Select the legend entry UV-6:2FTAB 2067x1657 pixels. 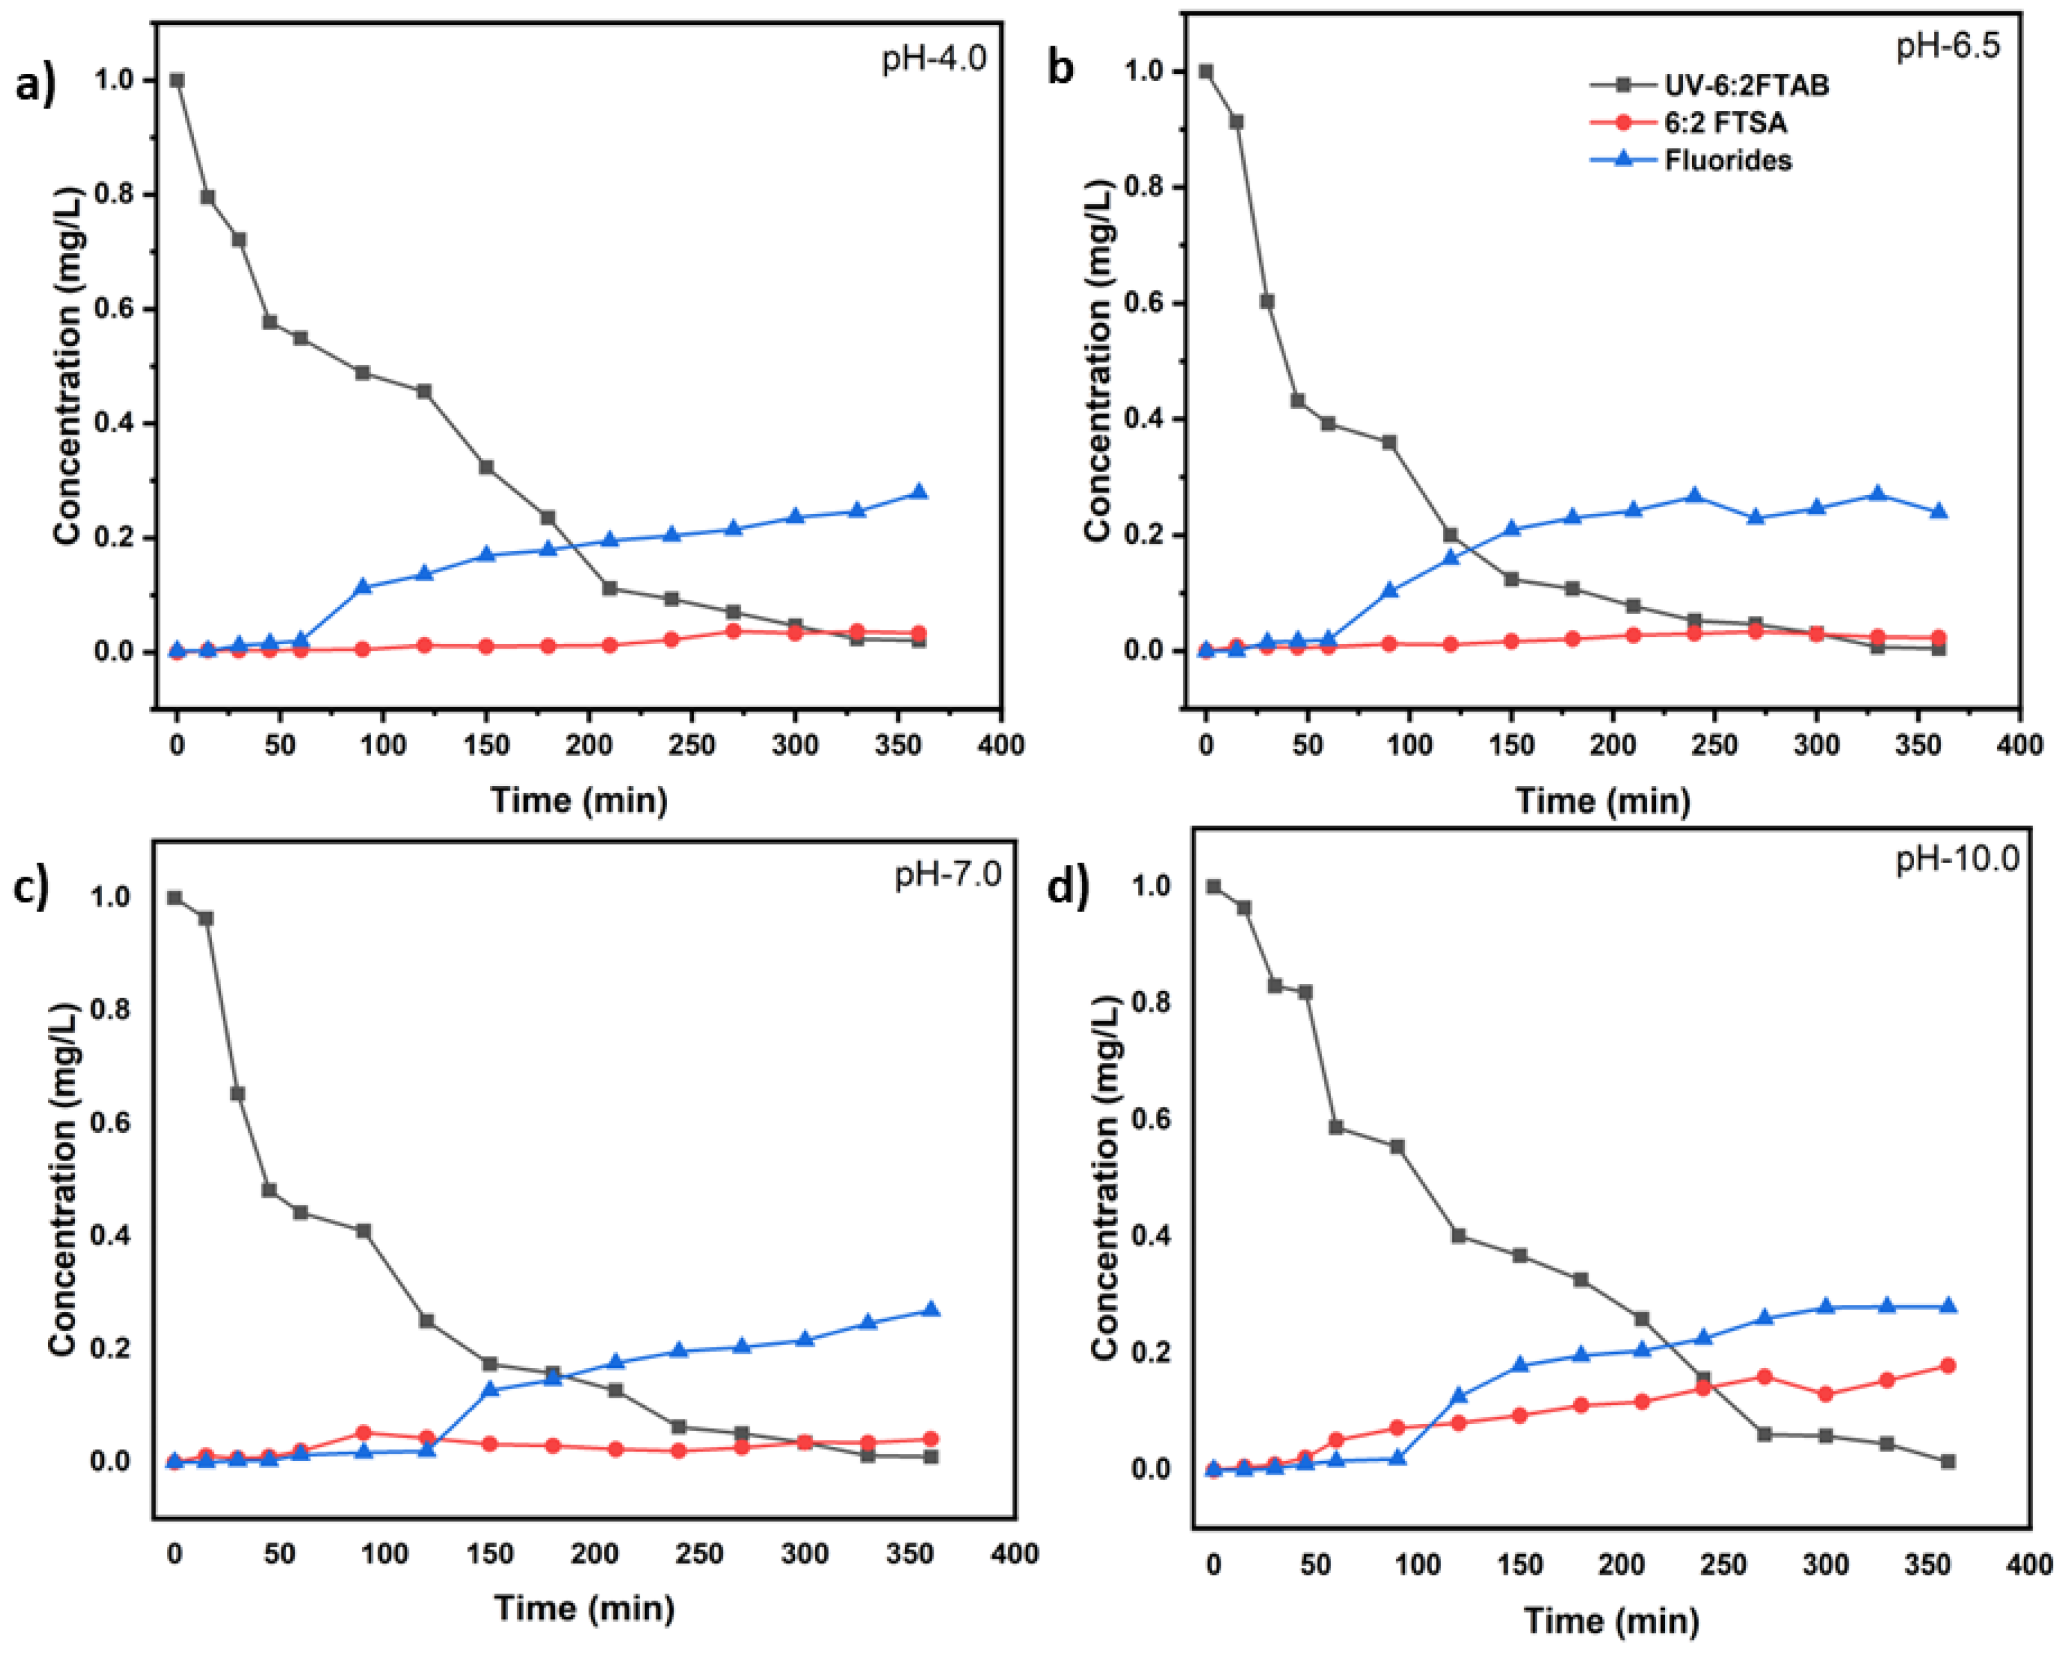tap(1745, 85)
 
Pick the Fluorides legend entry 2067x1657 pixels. tap(1727, 160)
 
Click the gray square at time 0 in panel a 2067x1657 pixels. tap(177, 80)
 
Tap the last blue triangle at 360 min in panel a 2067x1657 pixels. tap(918, 492)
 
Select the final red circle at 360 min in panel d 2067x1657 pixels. tap(1947, 1365)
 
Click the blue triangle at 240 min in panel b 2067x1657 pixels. tap(1694, 496)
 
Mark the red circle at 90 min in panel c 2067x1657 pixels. tap(363, 1433)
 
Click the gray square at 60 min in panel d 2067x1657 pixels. tap(1336, 1127)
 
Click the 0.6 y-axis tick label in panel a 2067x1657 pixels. tap(114, 309)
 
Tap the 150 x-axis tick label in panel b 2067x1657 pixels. tap(1512, 745)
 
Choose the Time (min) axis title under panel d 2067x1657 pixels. tap(1612, 1620)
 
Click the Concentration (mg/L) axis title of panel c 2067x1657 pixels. tap(64, 1179)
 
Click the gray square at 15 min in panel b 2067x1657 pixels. tap(1237, 122)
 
